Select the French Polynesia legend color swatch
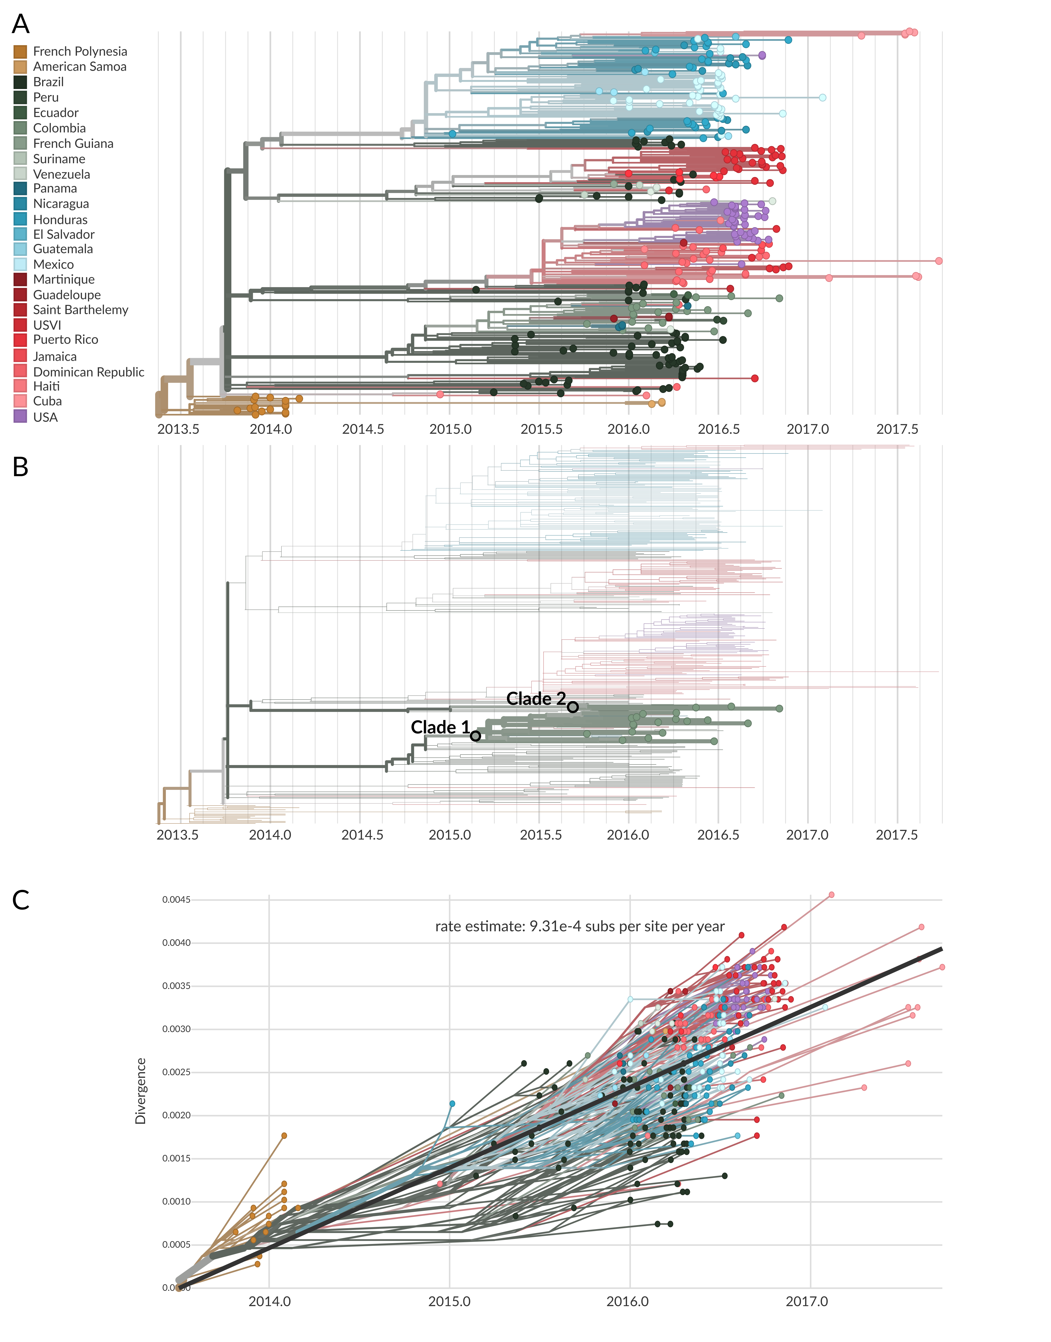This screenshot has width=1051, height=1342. (20, 52)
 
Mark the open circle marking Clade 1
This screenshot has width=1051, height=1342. (476, 736)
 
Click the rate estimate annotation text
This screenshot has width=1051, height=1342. (580, 927)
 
